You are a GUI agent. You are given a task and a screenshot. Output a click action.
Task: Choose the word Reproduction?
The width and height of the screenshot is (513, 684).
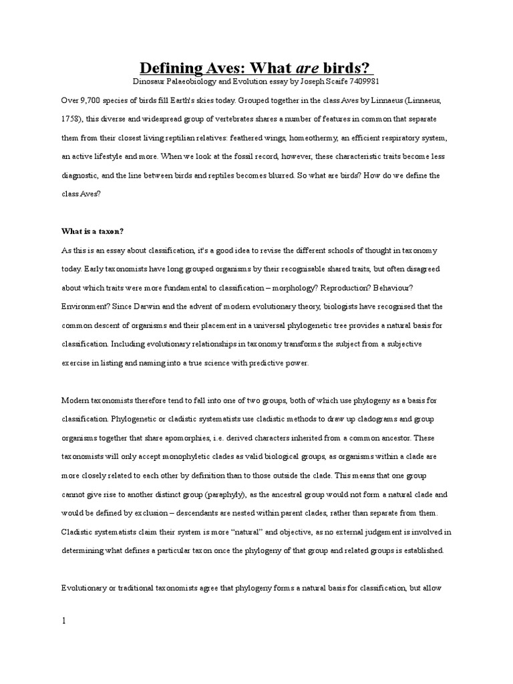pyautogui.click(x=355, y=287)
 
